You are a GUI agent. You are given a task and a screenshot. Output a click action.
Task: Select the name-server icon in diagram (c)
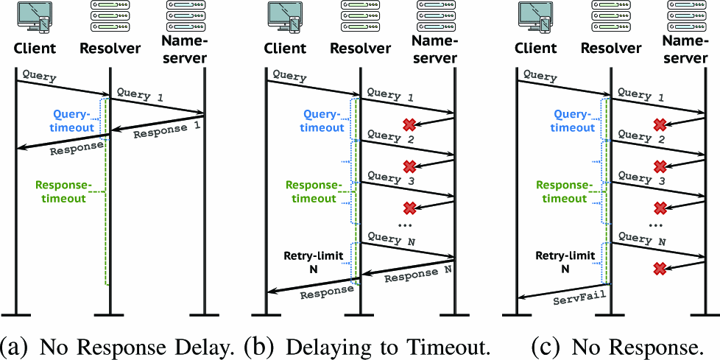click(693, 16)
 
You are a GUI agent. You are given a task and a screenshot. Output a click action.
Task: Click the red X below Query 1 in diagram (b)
click(409, 123)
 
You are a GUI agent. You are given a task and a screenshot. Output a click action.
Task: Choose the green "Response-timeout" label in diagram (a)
click(62, 191)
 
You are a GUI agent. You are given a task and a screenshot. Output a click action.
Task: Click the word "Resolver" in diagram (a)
click(110, 49)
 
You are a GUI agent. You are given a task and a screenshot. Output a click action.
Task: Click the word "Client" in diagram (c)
click(535, 49)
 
